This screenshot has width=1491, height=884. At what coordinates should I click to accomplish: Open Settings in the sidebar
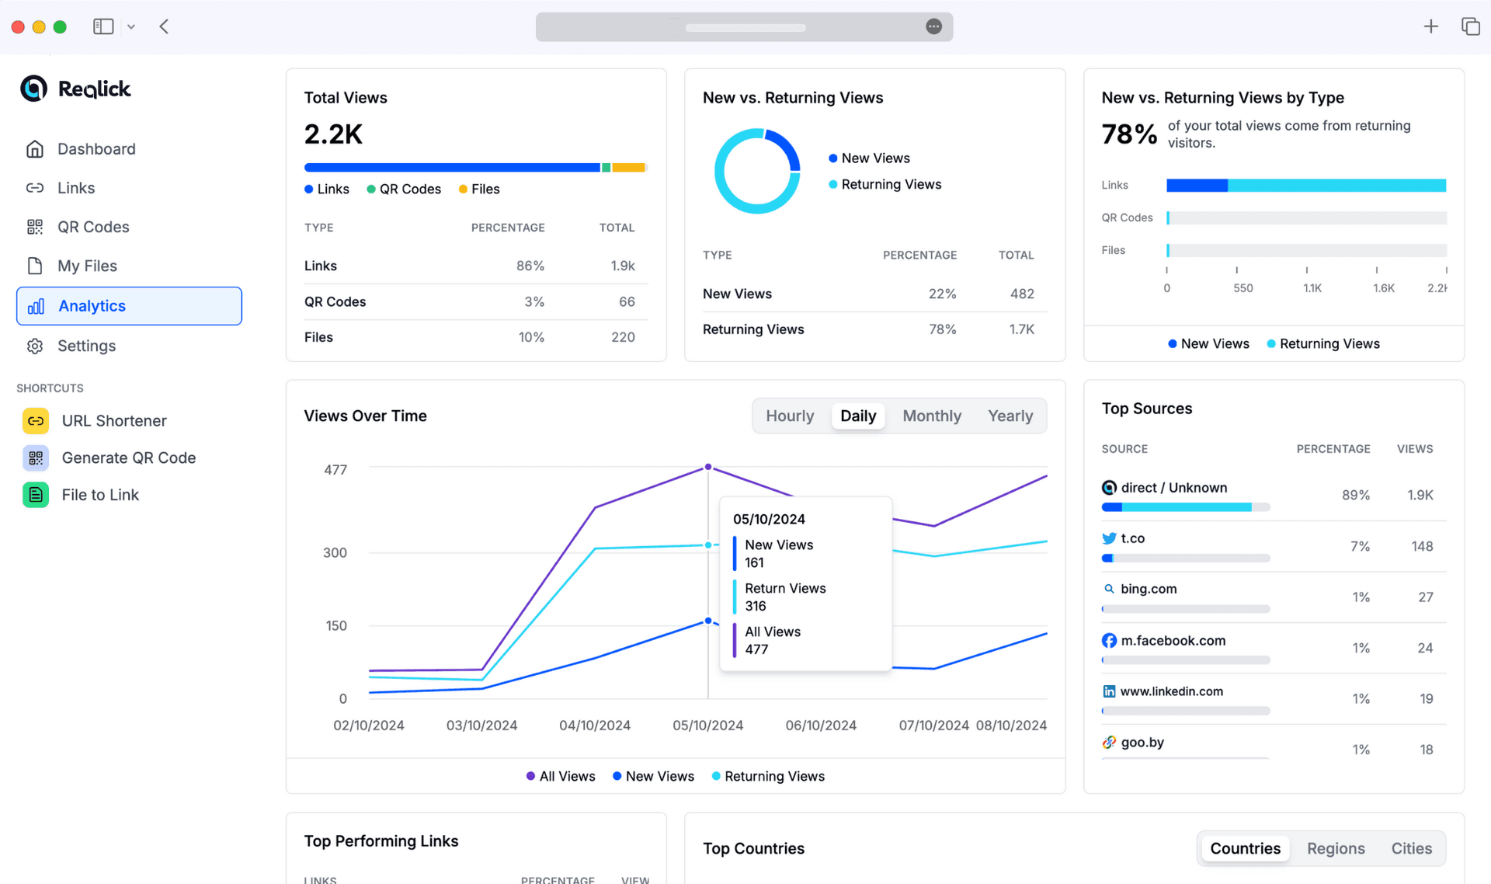tap(86, 346)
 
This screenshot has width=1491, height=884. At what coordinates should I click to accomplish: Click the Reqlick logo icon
tap(33, 89)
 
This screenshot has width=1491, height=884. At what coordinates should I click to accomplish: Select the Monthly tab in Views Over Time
tap(931, 416)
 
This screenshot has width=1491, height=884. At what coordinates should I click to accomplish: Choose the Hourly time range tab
tap(789, 416)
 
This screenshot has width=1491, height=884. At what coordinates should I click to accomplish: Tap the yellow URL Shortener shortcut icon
tap(36, 420)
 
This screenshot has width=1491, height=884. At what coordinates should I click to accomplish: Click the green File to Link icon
tap(36, 495)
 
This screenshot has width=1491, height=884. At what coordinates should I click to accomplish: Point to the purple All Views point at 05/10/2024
tap(708, 467)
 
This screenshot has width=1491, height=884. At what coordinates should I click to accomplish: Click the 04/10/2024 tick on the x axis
tap(595, 725)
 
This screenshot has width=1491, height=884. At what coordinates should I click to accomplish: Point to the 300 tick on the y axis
tap(335, 552)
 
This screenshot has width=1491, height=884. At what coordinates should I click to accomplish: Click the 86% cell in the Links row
tap(530, 266)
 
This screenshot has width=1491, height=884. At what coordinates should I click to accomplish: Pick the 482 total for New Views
tap(1021, 294)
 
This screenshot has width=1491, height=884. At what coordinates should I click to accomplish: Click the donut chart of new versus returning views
tap(757, 171)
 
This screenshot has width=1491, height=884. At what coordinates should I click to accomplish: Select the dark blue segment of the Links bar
tap(1196, 185)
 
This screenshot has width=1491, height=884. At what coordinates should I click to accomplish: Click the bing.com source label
tap(1148, 589)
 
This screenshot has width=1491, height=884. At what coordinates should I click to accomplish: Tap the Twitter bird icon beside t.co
tap(1109, 538)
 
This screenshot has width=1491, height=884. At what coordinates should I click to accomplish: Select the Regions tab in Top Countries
tap(1335, 848)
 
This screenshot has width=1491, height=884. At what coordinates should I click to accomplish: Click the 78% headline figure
tap(1128, 134)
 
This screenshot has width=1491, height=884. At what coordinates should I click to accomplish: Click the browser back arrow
tap(164, 26)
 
